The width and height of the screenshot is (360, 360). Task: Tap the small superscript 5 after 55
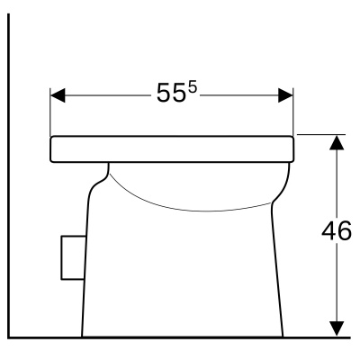(193, 87)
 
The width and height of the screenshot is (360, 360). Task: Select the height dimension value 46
(337, 231)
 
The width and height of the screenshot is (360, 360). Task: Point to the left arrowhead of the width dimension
(58, 95)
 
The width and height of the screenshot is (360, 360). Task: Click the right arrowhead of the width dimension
(285, 95)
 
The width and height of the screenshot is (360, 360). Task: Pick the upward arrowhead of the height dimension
(337, 142)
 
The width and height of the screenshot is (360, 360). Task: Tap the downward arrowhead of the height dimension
(337, 328)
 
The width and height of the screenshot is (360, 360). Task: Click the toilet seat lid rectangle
(172, 149)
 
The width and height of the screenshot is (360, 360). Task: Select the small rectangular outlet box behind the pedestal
(73, 258)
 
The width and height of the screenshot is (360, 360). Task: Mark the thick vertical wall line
(9, 175)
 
